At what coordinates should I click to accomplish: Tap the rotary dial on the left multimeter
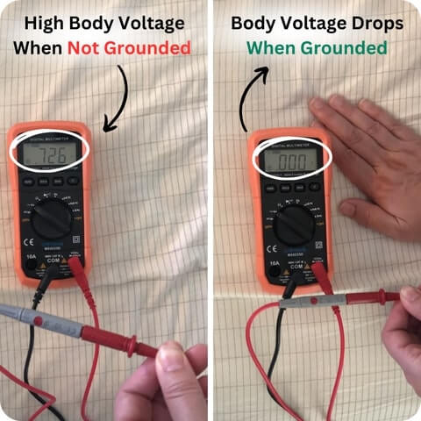(53, 217)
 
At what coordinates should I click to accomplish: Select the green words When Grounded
(316, 47)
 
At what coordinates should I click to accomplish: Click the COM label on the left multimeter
(54, 260)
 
